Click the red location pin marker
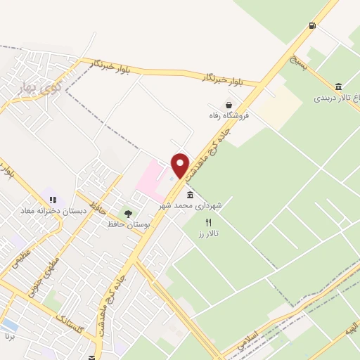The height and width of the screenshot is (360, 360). [180, 165]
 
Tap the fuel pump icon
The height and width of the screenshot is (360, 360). [311, 26]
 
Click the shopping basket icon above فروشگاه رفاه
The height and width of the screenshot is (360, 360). [229, 104]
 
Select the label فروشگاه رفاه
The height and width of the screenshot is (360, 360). [226, 115]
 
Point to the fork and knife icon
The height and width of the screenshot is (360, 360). [207, 221]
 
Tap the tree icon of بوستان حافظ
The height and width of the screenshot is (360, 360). [127, 213]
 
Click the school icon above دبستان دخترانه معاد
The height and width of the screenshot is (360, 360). [53, 200]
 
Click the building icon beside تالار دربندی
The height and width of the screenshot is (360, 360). [339, 86]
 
